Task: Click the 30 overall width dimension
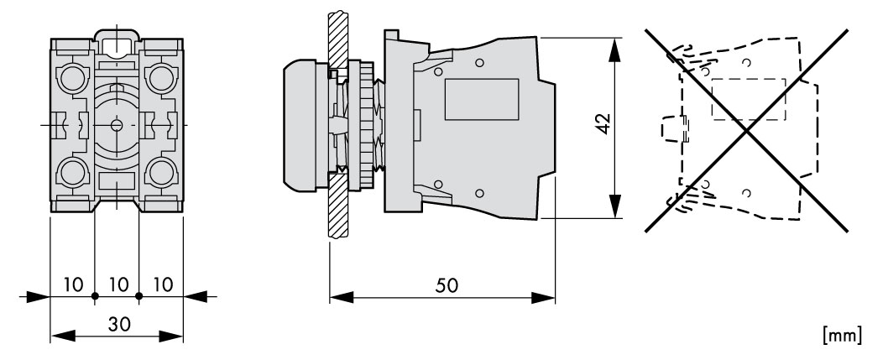119,325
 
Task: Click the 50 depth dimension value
447,286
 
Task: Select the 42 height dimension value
603,123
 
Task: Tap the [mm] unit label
843,335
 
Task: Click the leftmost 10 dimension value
73,284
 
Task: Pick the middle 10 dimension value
118,284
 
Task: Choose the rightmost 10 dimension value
163,284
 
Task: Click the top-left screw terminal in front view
72,78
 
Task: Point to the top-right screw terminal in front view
161,78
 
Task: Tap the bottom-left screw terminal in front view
72,172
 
